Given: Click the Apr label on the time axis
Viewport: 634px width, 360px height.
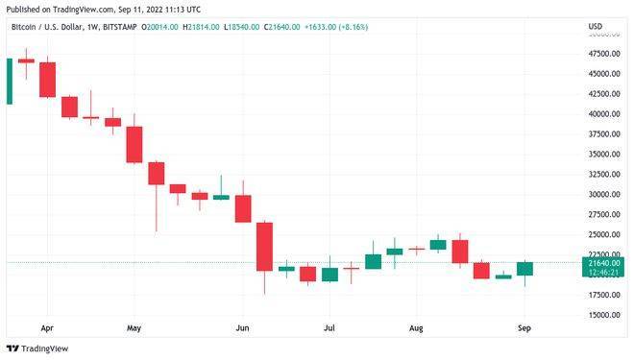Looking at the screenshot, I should [x=47, y=327].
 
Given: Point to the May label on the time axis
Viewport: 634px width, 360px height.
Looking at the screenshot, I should [x=134, y=327].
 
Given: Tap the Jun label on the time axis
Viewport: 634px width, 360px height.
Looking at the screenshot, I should [x=242, y=327].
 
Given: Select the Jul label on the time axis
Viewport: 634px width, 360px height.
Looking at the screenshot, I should [x=329, y=327].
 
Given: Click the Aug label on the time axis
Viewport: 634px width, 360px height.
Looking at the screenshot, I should [x=415, y=327].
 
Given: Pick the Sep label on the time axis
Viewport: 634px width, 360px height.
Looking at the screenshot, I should [x=524, y=327].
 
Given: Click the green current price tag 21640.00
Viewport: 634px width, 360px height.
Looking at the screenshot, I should [x=602, y=262].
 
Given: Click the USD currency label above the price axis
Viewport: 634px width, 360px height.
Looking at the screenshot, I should [x=595, y=26].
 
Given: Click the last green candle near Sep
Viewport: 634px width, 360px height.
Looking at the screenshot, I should [x=524, y=269].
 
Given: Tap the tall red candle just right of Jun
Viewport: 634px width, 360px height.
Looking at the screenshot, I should [x=264, y=247].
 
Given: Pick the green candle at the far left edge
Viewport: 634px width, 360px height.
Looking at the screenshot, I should [x=9, y=81].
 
